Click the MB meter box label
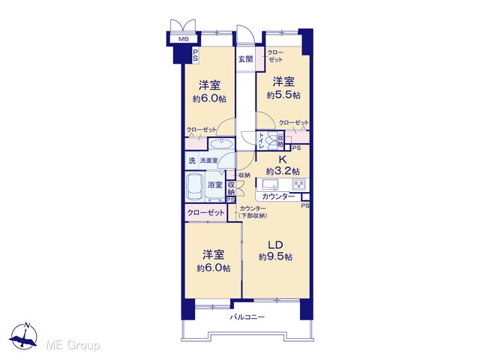[183, 39]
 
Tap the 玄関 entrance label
[245, 59]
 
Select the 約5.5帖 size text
[283, 95]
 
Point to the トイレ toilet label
[262, 141]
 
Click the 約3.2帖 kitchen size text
[283, 171]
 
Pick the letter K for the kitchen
[283, 160]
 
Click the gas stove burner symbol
[298, 184]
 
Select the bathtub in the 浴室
[194, 187]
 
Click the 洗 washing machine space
[192, 160]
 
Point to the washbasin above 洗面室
[221, 144]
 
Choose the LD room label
[275, 245]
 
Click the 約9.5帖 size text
[275, 256]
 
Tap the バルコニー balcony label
[247, 317]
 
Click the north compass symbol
[23, 336]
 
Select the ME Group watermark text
[73, 345]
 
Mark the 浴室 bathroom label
[215, 184]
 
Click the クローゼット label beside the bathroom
[205, 212]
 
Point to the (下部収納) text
[253, 216]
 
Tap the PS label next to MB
[195, 55]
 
